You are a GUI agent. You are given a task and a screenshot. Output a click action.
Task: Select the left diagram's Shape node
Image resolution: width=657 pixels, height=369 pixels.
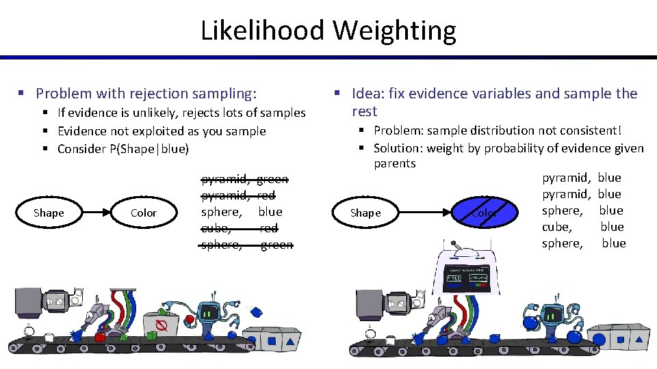coord(49,213)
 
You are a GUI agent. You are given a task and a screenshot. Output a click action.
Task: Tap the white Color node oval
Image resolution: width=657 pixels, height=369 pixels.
coord(144,213)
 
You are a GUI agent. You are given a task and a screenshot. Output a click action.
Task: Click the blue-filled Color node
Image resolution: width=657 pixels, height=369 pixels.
coord(483,213)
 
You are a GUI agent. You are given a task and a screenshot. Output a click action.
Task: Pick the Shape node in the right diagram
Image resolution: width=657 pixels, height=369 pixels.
coord(365,213)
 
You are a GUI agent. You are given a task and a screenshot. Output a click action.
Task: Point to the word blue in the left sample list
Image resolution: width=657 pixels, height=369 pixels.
coord(270,212)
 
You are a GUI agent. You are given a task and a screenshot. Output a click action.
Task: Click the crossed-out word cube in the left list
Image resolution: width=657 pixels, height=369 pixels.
coord(214,228)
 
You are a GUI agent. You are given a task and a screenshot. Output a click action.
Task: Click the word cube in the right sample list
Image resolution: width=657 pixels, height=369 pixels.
coord(556,227)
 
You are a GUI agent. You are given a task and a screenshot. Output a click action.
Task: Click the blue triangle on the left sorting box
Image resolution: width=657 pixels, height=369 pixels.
coord(290,340)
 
